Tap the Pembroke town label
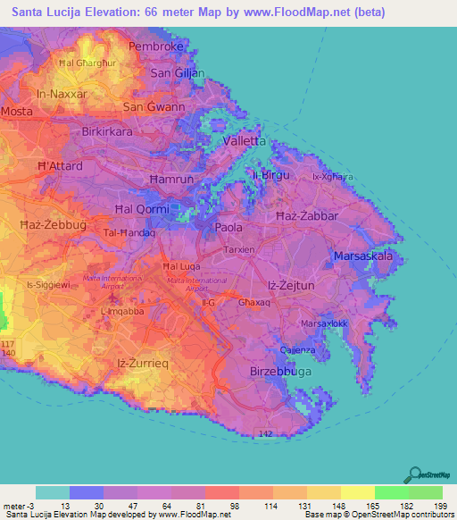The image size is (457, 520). pos(155,46)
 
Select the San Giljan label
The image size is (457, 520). pos(177,73)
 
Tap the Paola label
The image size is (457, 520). pos(229,228)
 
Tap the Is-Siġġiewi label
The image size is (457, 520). pos(48,284)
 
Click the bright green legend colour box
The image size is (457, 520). pos(391,492)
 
